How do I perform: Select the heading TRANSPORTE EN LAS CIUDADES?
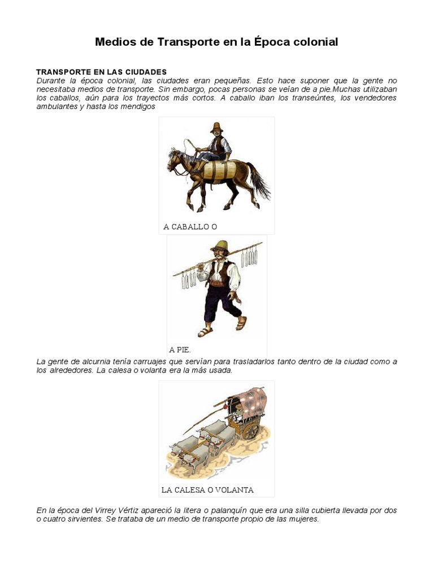[x=101, y=72]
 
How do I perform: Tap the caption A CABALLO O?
[x=190, y=227]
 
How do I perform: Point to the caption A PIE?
[x=180, y=350]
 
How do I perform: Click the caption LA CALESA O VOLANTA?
[x=207, y=489]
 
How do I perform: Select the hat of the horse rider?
[x=216, y=127]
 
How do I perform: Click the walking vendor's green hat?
[x=219, y=246]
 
